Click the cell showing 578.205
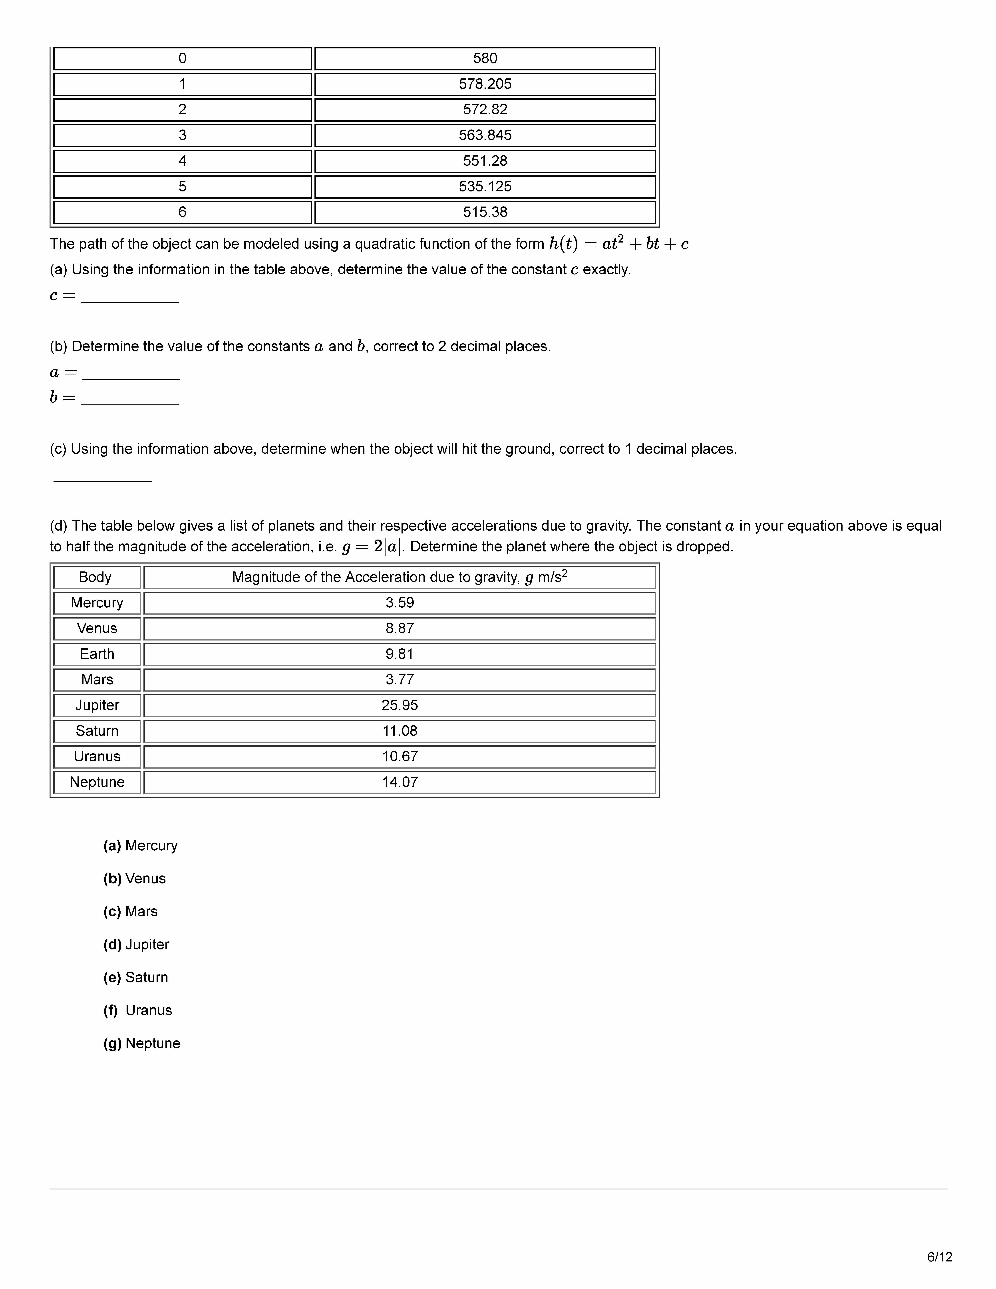[485, 84]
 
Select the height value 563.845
[485, 135]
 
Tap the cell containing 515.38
[485, 212]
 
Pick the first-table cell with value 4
[182, 161]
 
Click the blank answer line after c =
[130, 296]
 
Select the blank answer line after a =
[131, 373]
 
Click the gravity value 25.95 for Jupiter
[400, 705]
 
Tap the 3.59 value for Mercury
[400, 603]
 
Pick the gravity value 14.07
[400, 782]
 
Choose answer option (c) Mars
[131, 911]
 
